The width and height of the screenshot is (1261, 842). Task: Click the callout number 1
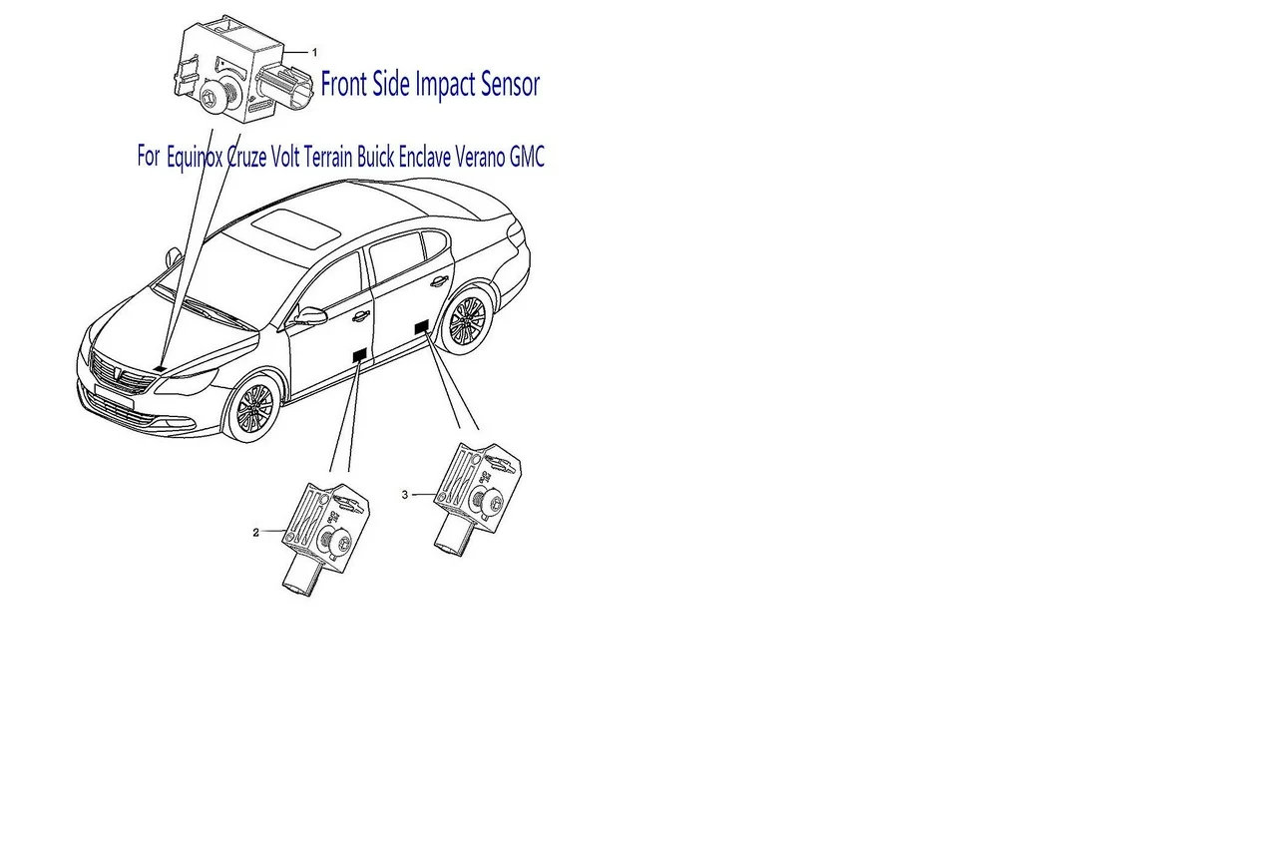[314, 52]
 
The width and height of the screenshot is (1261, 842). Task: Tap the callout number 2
[256, 533]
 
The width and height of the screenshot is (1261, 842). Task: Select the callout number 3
[405, 495]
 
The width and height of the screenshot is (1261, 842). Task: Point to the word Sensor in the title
[510, 86]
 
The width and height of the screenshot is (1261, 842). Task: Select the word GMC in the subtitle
[527, 157]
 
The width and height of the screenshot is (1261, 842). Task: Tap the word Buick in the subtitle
[375, 157]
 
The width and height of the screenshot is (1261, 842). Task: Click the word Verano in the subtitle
[480, 157]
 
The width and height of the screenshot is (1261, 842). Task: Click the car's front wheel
[255, 407]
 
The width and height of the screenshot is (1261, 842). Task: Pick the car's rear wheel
[467, 322]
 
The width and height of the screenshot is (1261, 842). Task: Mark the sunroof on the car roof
[295, 227]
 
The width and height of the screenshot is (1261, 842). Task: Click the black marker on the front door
[360, 355]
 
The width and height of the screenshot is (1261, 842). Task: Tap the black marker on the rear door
[422, 327]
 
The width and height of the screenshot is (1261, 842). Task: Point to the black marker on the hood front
[160, 368]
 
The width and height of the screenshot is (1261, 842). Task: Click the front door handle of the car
[361, 317]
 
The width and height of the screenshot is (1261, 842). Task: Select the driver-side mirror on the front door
[310, 316]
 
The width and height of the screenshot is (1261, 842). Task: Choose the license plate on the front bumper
[115, 396]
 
